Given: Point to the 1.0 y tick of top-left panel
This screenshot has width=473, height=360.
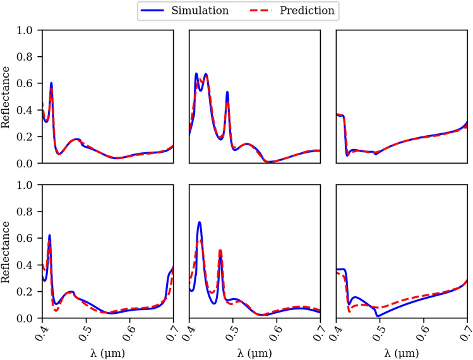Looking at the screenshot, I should [29, 30].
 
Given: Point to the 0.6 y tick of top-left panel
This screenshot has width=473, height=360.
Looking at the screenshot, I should [29, 83].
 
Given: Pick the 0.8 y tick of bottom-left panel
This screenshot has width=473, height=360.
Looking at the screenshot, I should [29, 212].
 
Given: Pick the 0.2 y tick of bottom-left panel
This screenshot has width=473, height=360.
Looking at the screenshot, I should [29, 292].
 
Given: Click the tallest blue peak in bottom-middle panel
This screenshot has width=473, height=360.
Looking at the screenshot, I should [200, 222].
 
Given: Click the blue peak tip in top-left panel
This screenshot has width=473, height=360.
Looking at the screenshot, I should [51, 83].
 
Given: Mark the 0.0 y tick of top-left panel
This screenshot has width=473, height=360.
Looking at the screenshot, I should [29, 163].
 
